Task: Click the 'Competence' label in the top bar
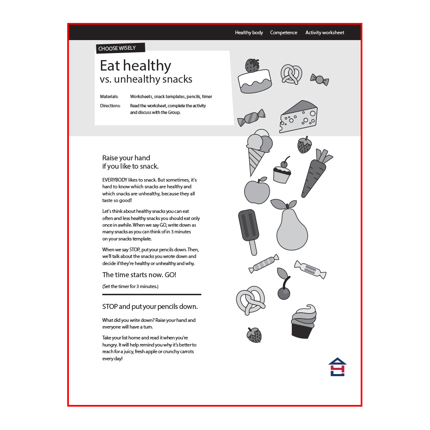pos(283,33)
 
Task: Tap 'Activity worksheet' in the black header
pos(325,33)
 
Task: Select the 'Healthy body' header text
pos(249,33)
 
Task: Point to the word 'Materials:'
pos(109,96)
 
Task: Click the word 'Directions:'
pos(110,106)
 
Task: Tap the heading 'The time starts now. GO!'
pos(139,275)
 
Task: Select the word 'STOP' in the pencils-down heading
pos(110,306)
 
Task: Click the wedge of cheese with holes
pos(298,116)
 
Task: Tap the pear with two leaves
pos(291,226)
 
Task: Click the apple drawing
pos(257,191)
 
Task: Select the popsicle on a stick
pos(249,230)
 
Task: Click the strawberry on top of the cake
pos(252,65)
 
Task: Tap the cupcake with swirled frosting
pos(304,322)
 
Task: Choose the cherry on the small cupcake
pos(284,164)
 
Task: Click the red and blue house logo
pos(337,367)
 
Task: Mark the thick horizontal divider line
pos(152,294)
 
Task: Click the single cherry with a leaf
pos(283,285)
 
